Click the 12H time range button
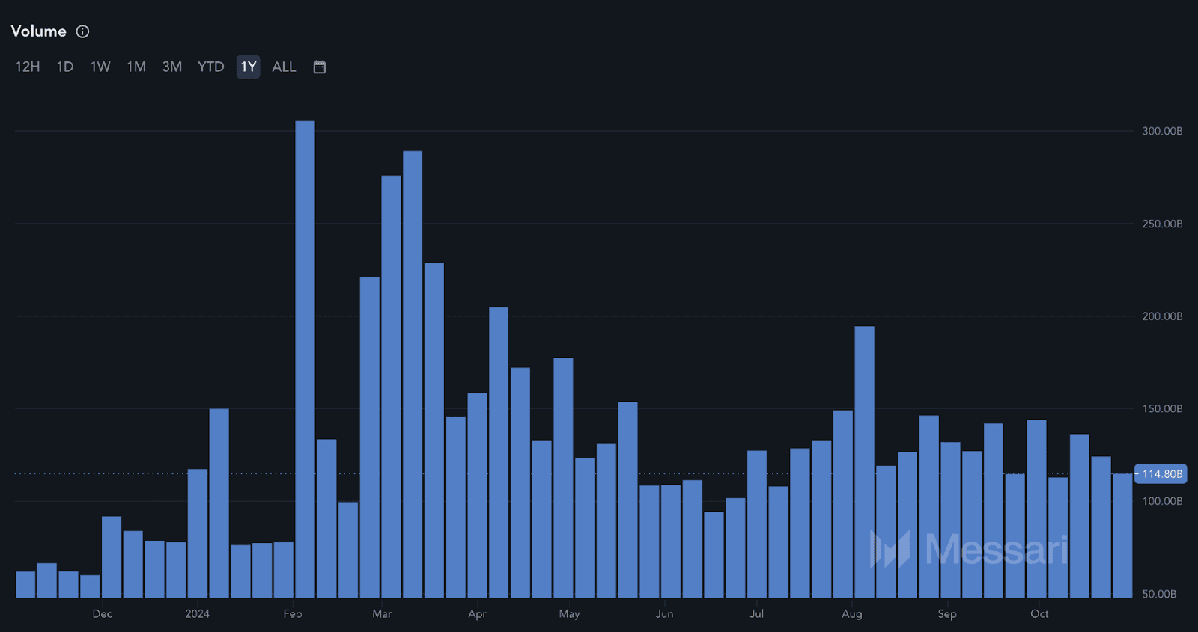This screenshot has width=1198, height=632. (28, 67)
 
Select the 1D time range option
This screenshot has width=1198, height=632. (65, 67)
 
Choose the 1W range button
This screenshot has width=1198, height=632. (100, 67)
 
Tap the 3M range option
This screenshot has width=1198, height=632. (172, 67)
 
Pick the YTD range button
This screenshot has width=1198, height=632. (210, 67)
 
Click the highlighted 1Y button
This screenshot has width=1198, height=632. (249, 67)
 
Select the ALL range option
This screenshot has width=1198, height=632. (284, 67)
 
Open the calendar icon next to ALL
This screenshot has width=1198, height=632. (320, 67)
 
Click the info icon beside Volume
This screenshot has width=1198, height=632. (83, 31)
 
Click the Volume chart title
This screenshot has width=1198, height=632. (39, 31)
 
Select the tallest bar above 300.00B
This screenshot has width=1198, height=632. (305, 359)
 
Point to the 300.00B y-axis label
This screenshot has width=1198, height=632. (1162, 131)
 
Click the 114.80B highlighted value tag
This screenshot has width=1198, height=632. (1161, 474)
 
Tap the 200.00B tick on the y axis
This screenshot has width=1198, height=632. (1162, 316)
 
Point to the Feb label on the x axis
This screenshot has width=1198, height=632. (293, 614)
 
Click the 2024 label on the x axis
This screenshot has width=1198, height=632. (198, 614)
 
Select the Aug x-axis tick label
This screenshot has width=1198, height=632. (852, 614)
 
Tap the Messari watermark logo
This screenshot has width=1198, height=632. (969, 550)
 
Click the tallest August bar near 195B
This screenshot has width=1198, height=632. (864, 461)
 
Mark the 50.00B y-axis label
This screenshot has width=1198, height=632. (1159, 594)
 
